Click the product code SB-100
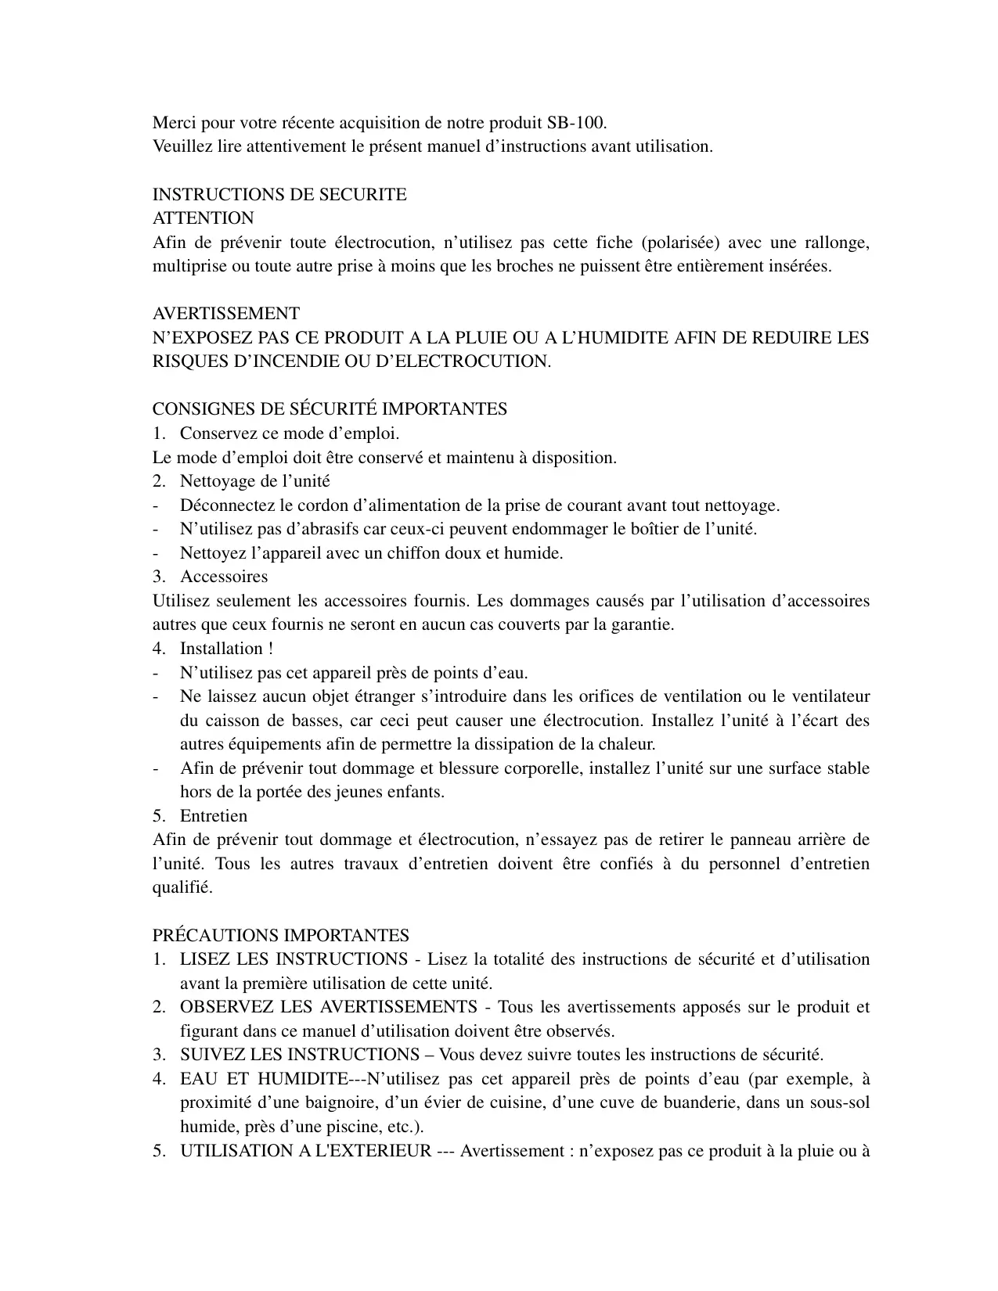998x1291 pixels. [575, 123]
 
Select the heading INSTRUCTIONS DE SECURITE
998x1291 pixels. [279, 195]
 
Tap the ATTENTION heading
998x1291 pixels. [203, 218]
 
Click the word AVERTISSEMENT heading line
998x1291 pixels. [225, 314]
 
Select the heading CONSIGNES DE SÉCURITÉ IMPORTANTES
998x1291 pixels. [330, 409]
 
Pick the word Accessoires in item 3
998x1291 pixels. [224, 577]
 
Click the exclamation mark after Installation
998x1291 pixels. [270, 649]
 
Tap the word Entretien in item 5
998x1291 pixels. [214, 816]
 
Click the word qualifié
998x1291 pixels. [182, 888]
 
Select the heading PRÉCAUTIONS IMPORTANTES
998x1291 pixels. [280, 936]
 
